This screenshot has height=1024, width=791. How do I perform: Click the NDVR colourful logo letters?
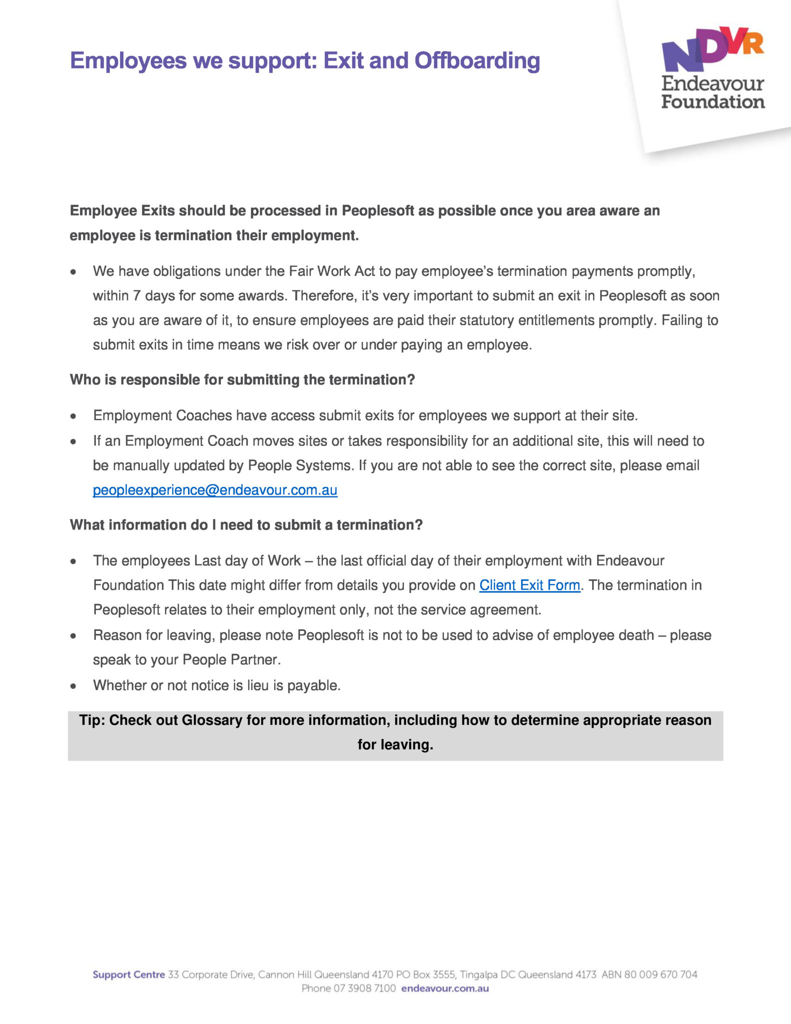click(x=712, y=49)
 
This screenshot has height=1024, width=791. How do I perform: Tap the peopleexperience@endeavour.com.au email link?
click(x=215, y=490)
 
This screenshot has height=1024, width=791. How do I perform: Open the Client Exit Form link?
click(x=530, y=585)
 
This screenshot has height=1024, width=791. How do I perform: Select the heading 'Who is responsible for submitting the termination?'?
click(x=242, y=379)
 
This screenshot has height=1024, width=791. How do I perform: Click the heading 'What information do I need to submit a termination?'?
click(x=246, y=524)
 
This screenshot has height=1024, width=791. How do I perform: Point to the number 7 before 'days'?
click(x=136, y=295)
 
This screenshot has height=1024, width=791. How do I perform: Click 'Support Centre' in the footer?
click(x=128, y=974)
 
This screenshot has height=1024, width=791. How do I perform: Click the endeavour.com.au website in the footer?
click(x=445, y=988)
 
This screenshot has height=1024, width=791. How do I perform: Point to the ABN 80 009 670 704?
click(x=649, y=974)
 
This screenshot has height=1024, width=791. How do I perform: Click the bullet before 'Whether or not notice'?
click(x=73, y=686)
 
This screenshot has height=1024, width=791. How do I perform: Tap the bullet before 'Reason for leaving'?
click(x=73, y=636)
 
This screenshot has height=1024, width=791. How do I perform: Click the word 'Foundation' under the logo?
click(x=713, y=102)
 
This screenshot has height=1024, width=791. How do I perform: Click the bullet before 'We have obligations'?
click(x=73, y=272)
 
